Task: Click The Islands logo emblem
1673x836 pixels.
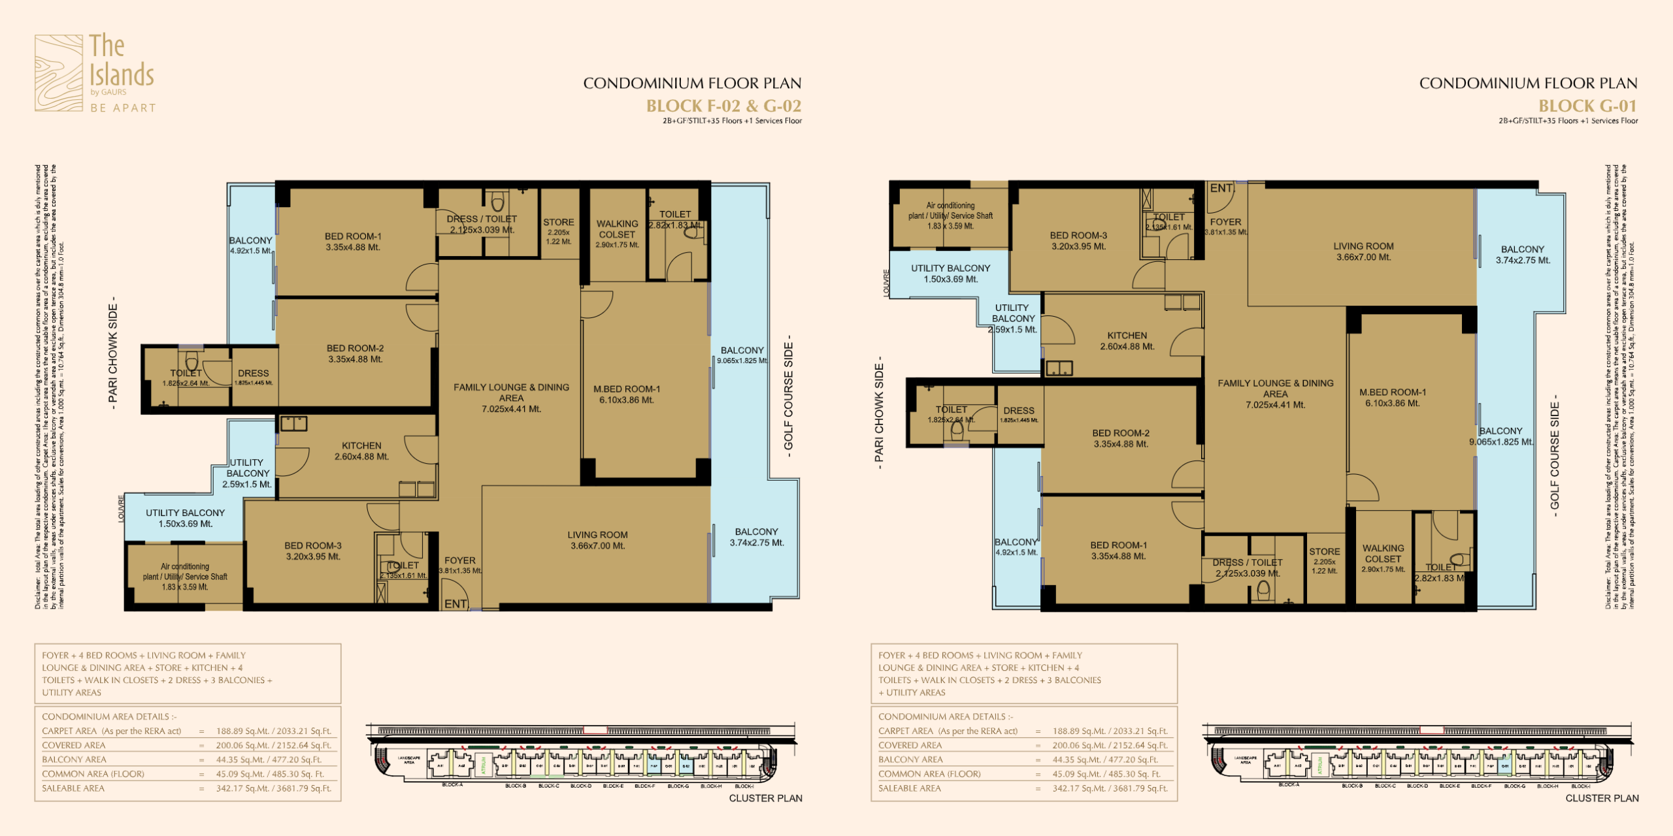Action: point(59,72)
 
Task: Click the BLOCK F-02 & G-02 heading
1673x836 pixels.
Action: point(723,106)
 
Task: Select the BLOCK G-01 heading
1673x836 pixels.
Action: point(1587,106)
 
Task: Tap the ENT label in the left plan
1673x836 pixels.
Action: point(456,604)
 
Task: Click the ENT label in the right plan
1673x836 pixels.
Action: point(1221,188)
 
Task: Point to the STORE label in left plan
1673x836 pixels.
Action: point(558,223)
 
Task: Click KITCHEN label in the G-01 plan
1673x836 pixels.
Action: point(1127,336)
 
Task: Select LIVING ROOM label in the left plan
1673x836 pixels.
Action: point(597,535)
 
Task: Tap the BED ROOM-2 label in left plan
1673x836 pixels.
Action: point(355,349)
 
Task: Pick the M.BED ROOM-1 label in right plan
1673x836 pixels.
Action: point(1392,393)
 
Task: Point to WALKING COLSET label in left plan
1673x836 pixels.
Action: point(617,229)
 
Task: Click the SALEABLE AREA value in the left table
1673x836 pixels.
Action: point(273,788)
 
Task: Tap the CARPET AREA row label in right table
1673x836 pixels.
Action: point(948,731)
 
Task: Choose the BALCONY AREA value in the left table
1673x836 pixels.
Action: point(269,760)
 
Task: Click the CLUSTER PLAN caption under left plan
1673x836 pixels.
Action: point(765,798)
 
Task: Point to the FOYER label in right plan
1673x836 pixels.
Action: point(1225,222)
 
